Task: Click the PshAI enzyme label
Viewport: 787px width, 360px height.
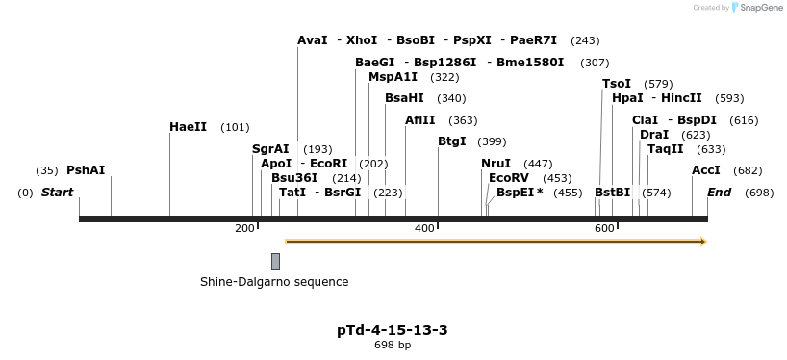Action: [x=86, y=170]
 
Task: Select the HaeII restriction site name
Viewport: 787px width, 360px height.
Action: [x=189, y=126]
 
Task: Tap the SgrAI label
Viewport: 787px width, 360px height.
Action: [x=270, y=148]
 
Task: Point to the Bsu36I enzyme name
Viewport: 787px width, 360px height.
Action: [x=294, y=178]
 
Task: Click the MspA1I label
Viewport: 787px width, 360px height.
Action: [x=393, y=77]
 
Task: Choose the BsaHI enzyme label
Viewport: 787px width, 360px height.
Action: [x=404, y=98]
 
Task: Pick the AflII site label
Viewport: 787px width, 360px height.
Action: [x=420, y=120]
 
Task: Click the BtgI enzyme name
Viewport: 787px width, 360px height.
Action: [x=452, y=141]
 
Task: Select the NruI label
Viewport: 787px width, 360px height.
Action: [x=495, y=164]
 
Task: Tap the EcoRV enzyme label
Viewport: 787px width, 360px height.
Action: [x=509, y=178]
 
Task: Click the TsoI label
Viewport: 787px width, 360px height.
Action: [x=617, y=84]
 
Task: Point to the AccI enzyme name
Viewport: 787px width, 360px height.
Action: [x=706, y=170]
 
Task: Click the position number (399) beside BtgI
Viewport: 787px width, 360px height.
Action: [x=492, y=141]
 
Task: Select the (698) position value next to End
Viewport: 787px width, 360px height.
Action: [x=759, y=193]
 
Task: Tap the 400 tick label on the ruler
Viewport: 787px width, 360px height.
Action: [x=424, y=229]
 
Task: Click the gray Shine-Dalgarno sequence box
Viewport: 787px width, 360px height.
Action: [x=275, y=261]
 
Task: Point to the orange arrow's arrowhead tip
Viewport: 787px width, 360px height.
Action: [x=707, y=242]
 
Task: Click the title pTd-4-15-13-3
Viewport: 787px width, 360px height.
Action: [x=393, y=330]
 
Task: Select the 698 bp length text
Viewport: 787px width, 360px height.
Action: [x=393, y=345]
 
